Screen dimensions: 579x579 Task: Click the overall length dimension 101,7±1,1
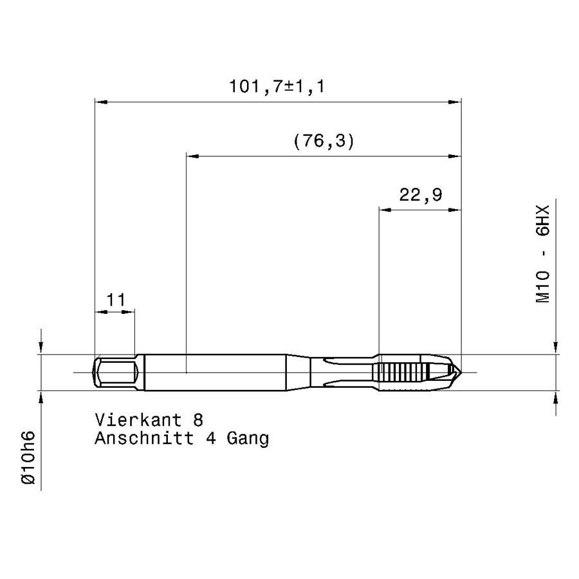tap(277, 86)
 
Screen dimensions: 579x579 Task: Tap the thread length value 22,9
tap(421, 194)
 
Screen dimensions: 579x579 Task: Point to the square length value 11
tap(116, 300)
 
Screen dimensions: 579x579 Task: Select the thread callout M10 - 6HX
tap(542, 254)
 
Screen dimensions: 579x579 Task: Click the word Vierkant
tap(138, 420)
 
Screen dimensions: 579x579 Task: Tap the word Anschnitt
tap(144, 438)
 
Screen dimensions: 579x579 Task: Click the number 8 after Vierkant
tap(198, 420)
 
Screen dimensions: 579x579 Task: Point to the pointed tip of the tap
tap(460, 372)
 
